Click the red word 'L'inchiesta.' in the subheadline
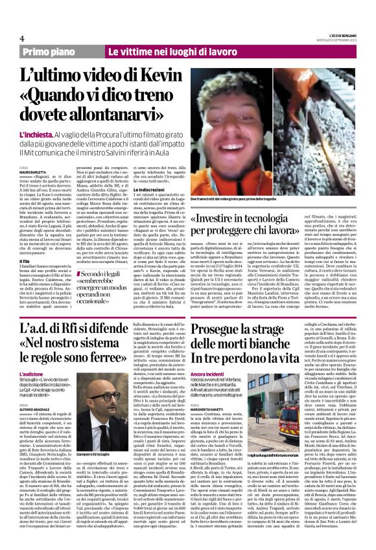36,132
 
